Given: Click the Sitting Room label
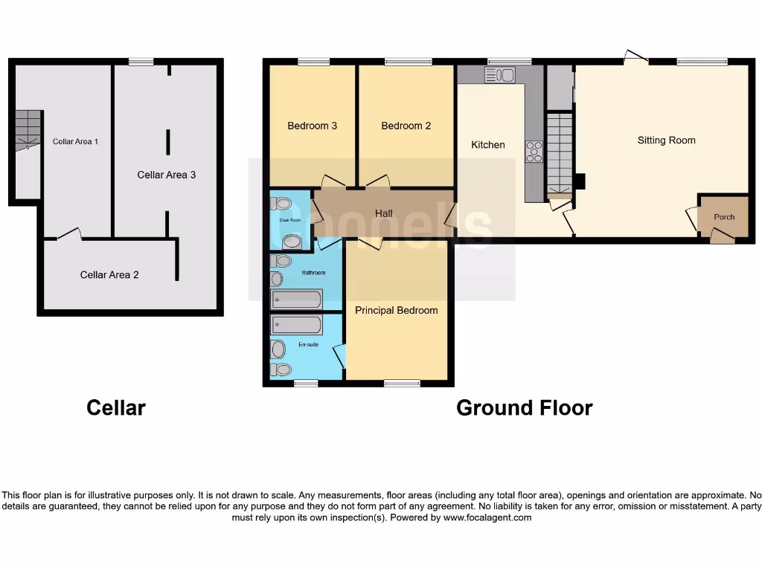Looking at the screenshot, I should tap(666, 140).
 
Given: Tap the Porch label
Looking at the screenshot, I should tap(724, 217).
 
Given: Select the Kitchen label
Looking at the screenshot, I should tap(488, 145).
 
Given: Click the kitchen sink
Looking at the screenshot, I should tap(499, 74).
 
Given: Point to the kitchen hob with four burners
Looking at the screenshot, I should tap(534, 152).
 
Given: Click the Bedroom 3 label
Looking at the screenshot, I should tap(312, 126).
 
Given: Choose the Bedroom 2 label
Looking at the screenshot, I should tap(406, 126).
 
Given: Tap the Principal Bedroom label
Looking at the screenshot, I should tap(396, 310).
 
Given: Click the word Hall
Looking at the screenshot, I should tap(383, 213).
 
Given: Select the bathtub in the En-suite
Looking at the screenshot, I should tap(297, 325).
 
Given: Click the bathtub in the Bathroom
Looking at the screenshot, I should tap(297, 299).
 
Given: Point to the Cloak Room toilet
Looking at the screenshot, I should tap(282, 203).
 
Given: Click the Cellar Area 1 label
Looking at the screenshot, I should tap(75, 141).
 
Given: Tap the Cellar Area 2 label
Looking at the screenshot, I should tap(109, 274).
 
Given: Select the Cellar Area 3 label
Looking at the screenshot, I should tap(167, 175).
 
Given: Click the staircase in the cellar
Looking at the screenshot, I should tap(28, 130).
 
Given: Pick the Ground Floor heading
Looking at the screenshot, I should tap(524, 407).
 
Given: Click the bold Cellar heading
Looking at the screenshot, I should tap(116, 407).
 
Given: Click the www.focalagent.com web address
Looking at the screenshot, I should tap(487, 517).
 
